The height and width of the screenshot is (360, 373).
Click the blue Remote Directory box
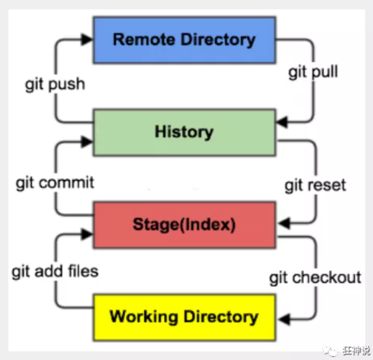coord(184,39)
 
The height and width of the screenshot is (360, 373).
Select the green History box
coord(184,132)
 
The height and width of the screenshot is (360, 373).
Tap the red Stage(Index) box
coord(184,224)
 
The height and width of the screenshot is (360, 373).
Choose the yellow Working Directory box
coord(184,316)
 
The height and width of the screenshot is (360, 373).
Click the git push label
coord(55,84)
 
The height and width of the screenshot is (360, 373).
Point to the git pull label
coord(313,71)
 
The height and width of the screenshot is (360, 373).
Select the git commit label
coord(55,183)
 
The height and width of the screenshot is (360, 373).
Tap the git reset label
coord(315,185)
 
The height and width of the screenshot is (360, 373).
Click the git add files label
coord(55,271)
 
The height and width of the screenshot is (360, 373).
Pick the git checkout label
coord(315,277)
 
